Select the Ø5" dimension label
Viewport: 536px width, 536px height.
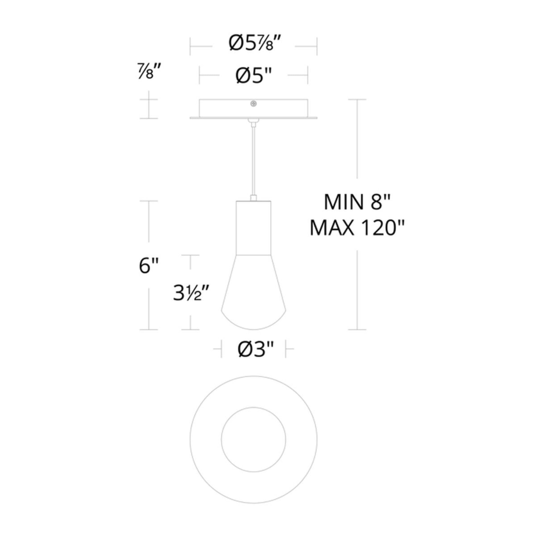pyautogui.click(x=253, y=76)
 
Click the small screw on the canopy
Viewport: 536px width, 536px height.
pyautogui.click(x=253, y=104)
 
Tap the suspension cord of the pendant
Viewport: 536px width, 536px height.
pyautogui.click(x=253, y=161)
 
